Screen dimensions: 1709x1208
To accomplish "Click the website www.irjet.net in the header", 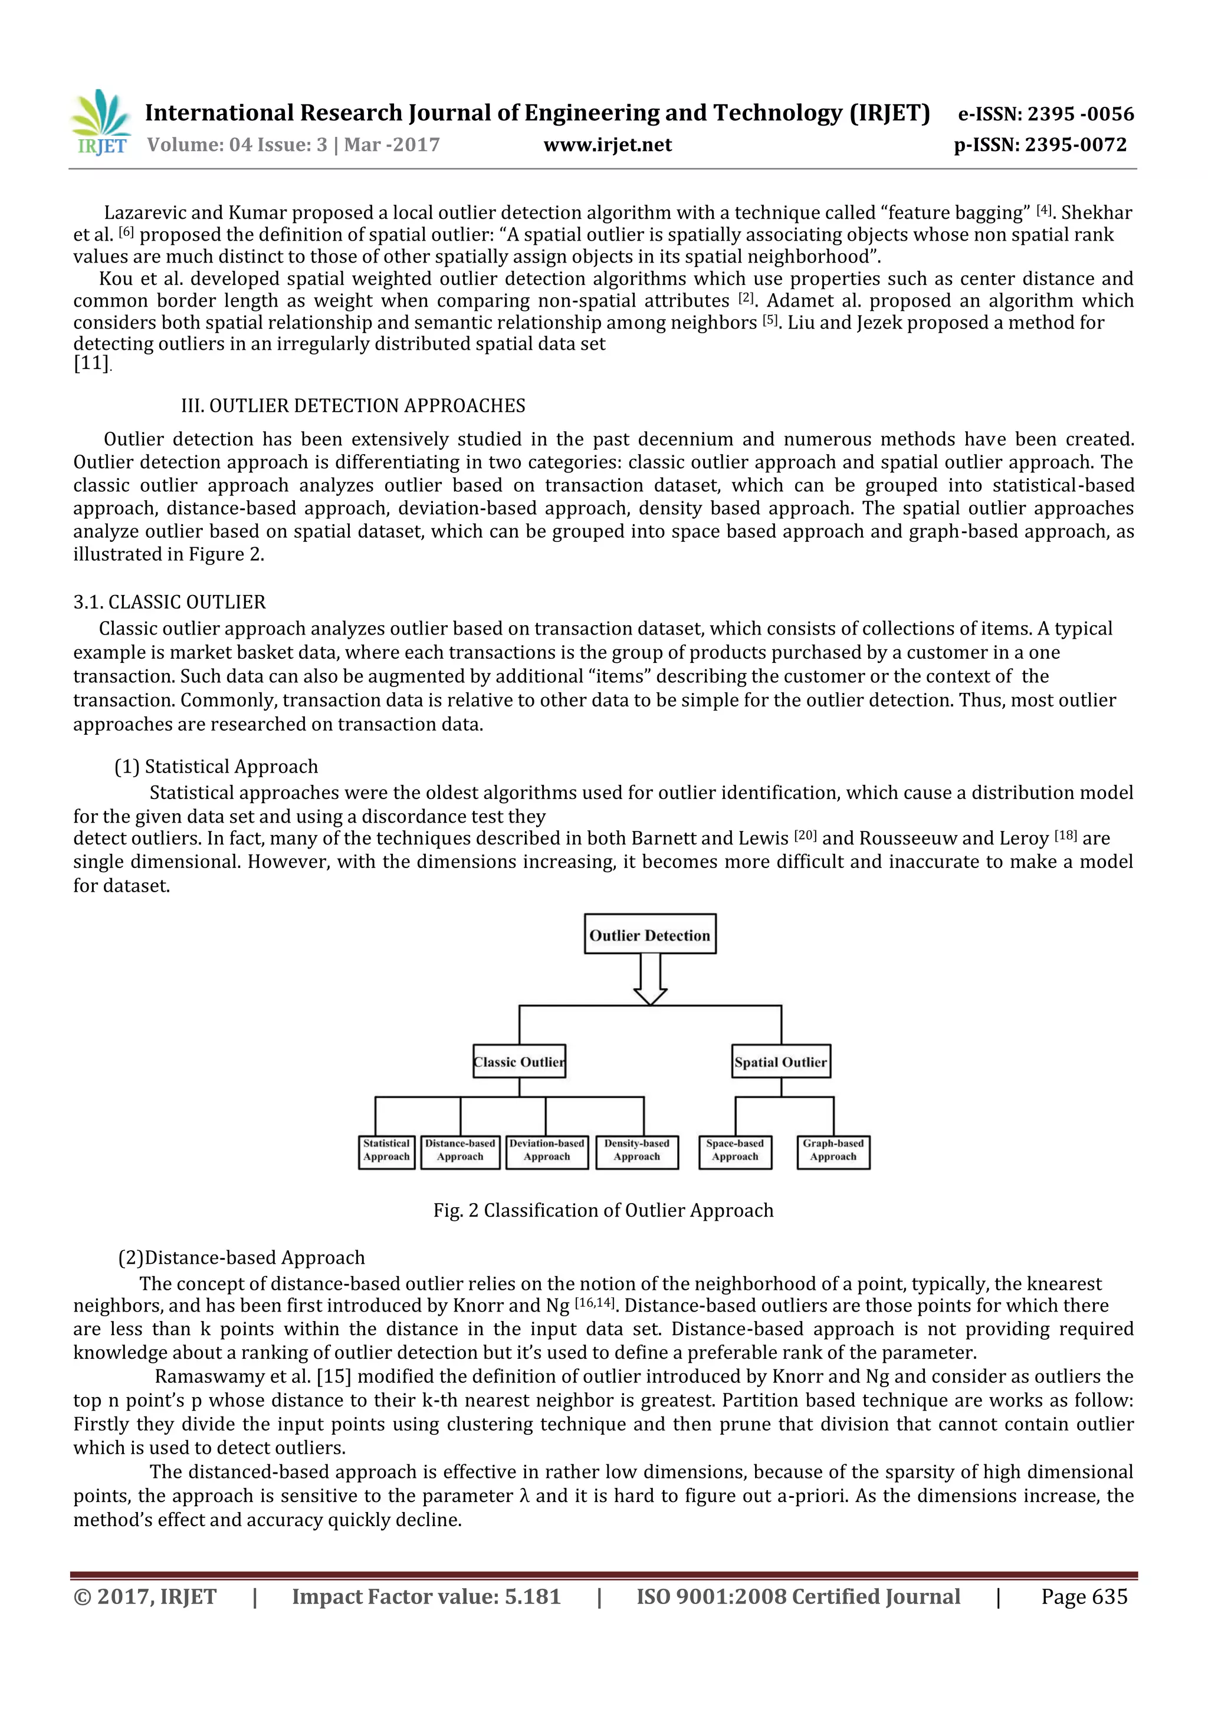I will point(608,145).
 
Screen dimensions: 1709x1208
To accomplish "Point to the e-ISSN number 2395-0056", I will point(1080,114).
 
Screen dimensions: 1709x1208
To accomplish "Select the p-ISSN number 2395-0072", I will point(1075,145).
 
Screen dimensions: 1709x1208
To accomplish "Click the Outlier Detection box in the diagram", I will point(650,935).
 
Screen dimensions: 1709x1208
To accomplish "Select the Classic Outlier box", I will point(520,1062).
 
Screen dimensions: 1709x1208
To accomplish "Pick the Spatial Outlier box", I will point(781,1062).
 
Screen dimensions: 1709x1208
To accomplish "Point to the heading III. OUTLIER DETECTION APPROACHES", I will point(353,406).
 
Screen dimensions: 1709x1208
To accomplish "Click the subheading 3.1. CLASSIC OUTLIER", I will point(170,602).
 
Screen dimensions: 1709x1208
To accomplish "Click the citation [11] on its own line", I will point(91,364).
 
